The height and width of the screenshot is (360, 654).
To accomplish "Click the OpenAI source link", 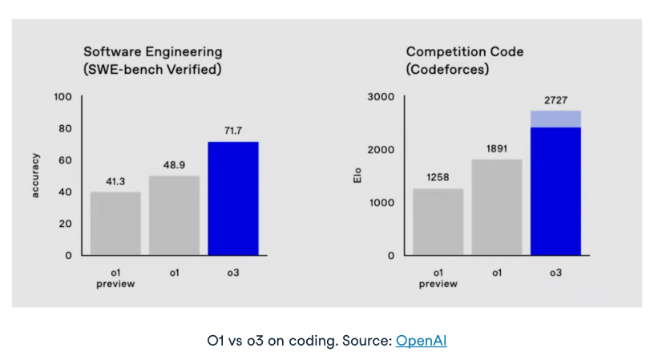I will (x=421, y=341).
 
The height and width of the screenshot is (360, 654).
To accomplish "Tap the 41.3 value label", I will (x=115, y=182).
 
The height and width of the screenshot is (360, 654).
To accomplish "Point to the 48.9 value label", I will (x=174, y=164).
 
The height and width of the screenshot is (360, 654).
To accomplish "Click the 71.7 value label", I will (x=233, y=130).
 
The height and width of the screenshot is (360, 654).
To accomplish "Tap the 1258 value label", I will (x=438, y=178).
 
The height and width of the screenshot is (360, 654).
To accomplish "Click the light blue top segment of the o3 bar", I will (x=555, y=119).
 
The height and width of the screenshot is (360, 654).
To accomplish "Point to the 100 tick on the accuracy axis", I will (x=63, y=97).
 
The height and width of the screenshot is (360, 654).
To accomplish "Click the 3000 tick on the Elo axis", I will (x=381, y=97).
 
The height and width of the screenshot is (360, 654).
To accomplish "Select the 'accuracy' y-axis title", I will (x=36, y=176).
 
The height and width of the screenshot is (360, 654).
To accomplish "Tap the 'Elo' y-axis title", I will (x=357, y=175).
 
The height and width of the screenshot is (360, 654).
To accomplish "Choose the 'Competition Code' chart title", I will (x=465, y=51).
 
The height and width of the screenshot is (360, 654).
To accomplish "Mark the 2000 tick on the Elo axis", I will (x=381, y=150).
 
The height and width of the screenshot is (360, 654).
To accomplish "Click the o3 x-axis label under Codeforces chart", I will (x=555, y=273).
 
